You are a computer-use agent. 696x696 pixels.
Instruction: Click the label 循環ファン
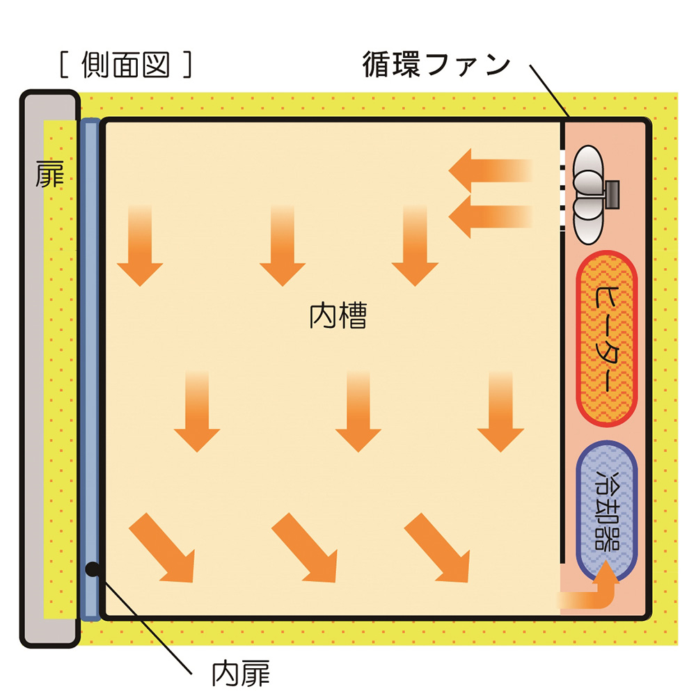click(x=437, y=65)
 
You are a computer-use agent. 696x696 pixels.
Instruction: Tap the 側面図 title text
click(x=126, y=65)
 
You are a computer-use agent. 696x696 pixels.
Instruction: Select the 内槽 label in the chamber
click(x=338, y=315)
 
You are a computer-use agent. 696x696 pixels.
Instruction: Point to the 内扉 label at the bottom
click(x=241, y=674)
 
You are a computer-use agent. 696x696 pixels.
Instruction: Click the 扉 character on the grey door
click(x=49, y=174)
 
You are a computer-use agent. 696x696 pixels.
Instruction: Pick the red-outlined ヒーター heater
click(x=607, y=338)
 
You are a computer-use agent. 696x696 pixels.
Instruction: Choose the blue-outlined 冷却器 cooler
click(x=607, y=510)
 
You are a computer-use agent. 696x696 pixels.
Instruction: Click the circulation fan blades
click(x=589, y=194)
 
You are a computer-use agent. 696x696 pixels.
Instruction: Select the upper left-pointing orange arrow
click(x=490, y=171)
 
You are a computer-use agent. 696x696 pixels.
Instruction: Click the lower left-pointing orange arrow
click(x=490, y=216)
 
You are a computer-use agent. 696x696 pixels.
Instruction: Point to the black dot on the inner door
click(x=93, y=569)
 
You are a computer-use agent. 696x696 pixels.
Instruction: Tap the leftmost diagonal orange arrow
click(x=162, y=548)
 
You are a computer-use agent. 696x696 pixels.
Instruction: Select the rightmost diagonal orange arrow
click(x=437, y=548)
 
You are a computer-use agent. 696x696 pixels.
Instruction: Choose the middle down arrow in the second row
click(x=358, y=411)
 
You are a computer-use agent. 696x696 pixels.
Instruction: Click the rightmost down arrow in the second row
click(x=500, y=411)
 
